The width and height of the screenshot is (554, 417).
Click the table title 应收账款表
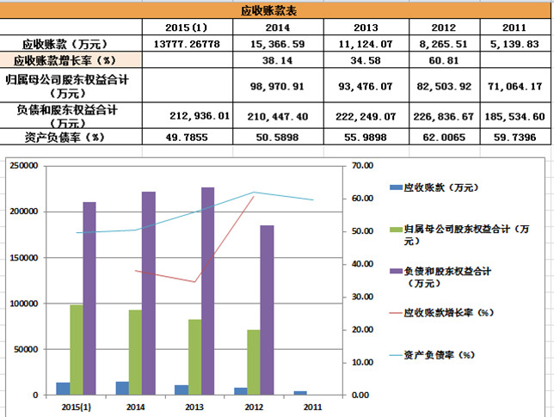[268, 11]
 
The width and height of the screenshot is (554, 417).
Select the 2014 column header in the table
[277, 28]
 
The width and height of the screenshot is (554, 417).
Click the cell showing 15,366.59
[277, 44]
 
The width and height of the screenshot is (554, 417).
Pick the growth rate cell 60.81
[444, 61]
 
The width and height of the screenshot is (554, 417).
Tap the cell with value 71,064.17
[514, 87]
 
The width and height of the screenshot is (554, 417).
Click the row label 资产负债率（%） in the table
[65, 138]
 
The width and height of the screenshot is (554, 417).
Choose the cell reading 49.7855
[187, 138]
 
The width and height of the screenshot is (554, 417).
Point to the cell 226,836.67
[444, 117]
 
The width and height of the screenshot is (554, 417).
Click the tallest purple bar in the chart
[208, 291]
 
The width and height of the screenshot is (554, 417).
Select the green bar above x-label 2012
[254, 362]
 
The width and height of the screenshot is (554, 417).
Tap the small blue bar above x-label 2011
[300, 393]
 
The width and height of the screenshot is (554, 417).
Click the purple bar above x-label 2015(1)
[89, 298]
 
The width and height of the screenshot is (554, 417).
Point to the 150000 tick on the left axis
[24, 258]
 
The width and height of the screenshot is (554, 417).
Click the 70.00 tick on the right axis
[362, 166]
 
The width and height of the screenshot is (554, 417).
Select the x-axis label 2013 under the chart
[194, 408]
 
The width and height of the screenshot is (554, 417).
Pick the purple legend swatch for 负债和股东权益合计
[397, 271]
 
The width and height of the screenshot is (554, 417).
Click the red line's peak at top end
[254, 196]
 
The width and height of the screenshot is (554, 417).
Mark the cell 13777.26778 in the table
[187, 44]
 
